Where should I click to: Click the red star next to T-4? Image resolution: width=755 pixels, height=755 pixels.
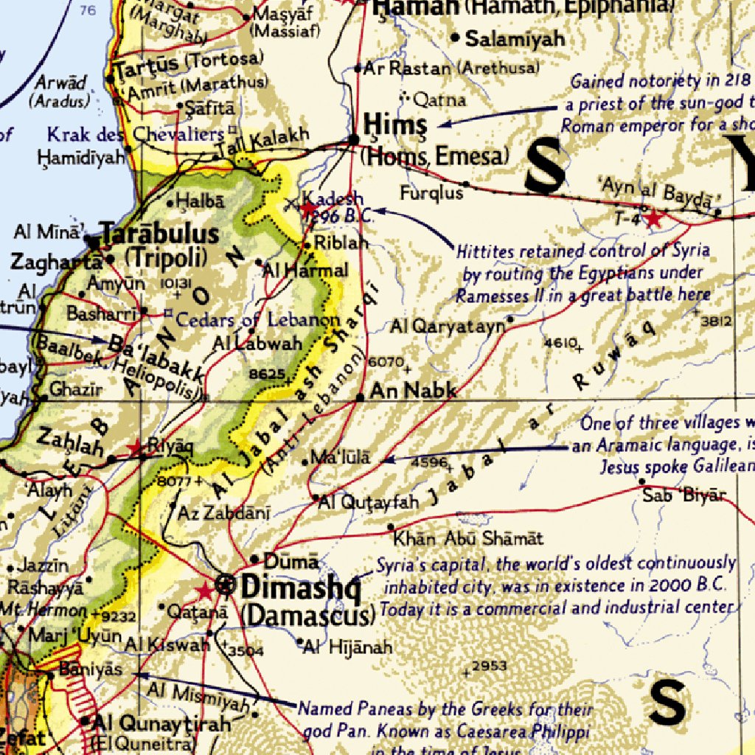click(x=654, y=218)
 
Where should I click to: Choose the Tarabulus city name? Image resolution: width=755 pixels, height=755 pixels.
click(x=160, y=234)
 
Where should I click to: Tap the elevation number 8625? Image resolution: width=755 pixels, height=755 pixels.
click(x=266, y=374)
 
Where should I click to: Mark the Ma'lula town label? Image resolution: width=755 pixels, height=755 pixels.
click(x=341, y=458)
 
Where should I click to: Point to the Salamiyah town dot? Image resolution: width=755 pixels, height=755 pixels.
click(x=455, y=38)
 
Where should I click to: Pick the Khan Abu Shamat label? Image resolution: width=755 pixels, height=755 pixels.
click(x=468, y=538)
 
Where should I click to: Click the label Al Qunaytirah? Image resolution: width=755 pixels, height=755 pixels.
click(x=161, y=724)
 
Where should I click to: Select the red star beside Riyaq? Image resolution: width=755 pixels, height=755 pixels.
click(x=135, y=448)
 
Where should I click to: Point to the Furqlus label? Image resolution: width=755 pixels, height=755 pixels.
click(x=431, y=193)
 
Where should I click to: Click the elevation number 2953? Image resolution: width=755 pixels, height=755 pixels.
click(x=489, y=666)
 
